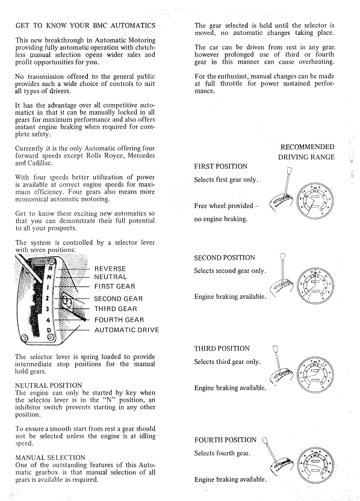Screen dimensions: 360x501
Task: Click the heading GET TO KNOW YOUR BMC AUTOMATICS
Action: tap(85, 25)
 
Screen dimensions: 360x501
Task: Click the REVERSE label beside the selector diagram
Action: tap(110, 269)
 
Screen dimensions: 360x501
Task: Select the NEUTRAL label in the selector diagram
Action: tap(110, 277)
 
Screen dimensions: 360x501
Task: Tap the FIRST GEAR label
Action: tap(115, 286)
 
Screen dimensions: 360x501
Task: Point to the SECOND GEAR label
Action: tap(119, 299)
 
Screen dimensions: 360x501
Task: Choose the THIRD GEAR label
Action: tap(116, 309)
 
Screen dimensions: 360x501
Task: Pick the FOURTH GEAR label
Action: tap(119, 320)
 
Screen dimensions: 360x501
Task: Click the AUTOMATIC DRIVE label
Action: tap(126, 330)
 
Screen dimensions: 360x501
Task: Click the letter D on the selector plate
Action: tap(49, 330)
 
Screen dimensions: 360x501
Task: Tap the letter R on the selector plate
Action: tap(49, 269)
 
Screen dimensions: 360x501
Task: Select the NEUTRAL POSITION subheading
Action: tap(49, 386)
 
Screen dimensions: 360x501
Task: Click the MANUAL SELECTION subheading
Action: tap(50, 458)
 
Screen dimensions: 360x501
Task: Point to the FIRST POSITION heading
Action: tap(220, 167)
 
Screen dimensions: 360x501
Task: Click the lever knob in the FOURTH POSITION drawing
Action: tap(264, 441)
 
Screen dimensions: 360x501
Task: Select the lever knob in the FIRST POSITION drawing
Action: tap(290, 170)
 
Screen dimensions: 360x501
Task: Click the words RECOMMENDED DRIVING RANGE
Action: tap(306, 152)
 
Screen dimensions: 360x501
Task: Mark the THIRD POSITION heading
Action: tap(222, 349)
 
